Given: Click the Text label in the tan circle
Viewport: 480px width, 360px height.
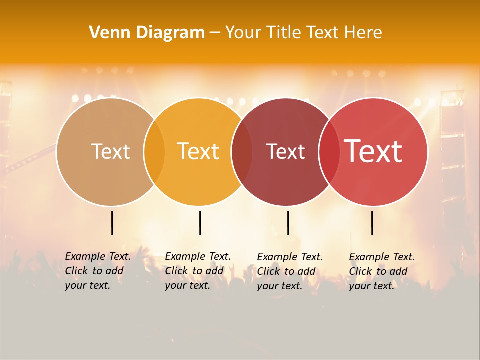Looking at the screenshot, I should click(110, 151).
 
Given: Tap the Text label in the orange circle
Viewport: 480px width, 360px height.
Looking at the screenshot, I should click(198, 151).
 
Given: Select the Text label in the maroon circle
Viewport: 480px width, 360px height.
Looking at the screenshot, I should click(285, 151).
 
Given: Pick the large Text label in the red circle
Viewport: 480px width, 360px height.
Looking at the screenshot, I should click(373, 151).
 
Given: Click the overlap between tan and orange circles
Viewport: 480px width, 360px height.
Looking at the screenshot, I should click(154, 151).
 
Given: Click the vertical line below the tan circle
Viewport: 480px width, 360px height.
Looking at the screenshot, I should click(112, 223).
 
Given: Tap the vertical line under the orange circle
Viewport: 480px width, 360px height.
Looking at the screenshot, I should click(200, 223).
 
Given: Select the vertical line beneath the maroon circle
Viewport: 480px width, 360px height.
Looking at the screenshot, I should click(288, 223).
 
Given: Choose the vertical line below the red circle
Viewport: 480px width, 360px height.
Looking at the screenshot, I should click(372, 223).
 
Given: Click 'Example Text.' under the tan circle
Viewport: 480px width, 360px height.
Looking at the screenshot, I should click(98, 256).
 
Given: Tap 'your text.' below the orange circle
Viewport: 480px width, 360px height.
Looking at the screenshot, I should click(187, 286).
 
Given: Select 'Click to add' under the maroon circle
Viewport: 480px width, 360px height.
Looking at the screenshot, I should click(286, 271).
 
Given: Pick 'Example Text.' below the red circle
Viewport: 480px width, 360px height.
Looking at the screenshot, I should click(382, 257).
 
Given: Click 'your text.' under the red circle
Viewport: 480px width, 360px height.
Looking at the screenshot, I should click(371, 286).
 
